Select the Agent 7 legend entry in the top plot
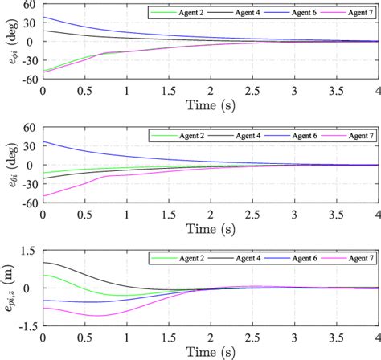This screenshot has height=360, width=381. click(346, 14)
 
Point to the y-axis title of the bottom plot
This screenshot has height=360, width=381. click(9, 287)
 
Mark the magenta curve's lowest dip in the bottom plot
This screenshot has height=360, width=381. click(98, 316)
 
